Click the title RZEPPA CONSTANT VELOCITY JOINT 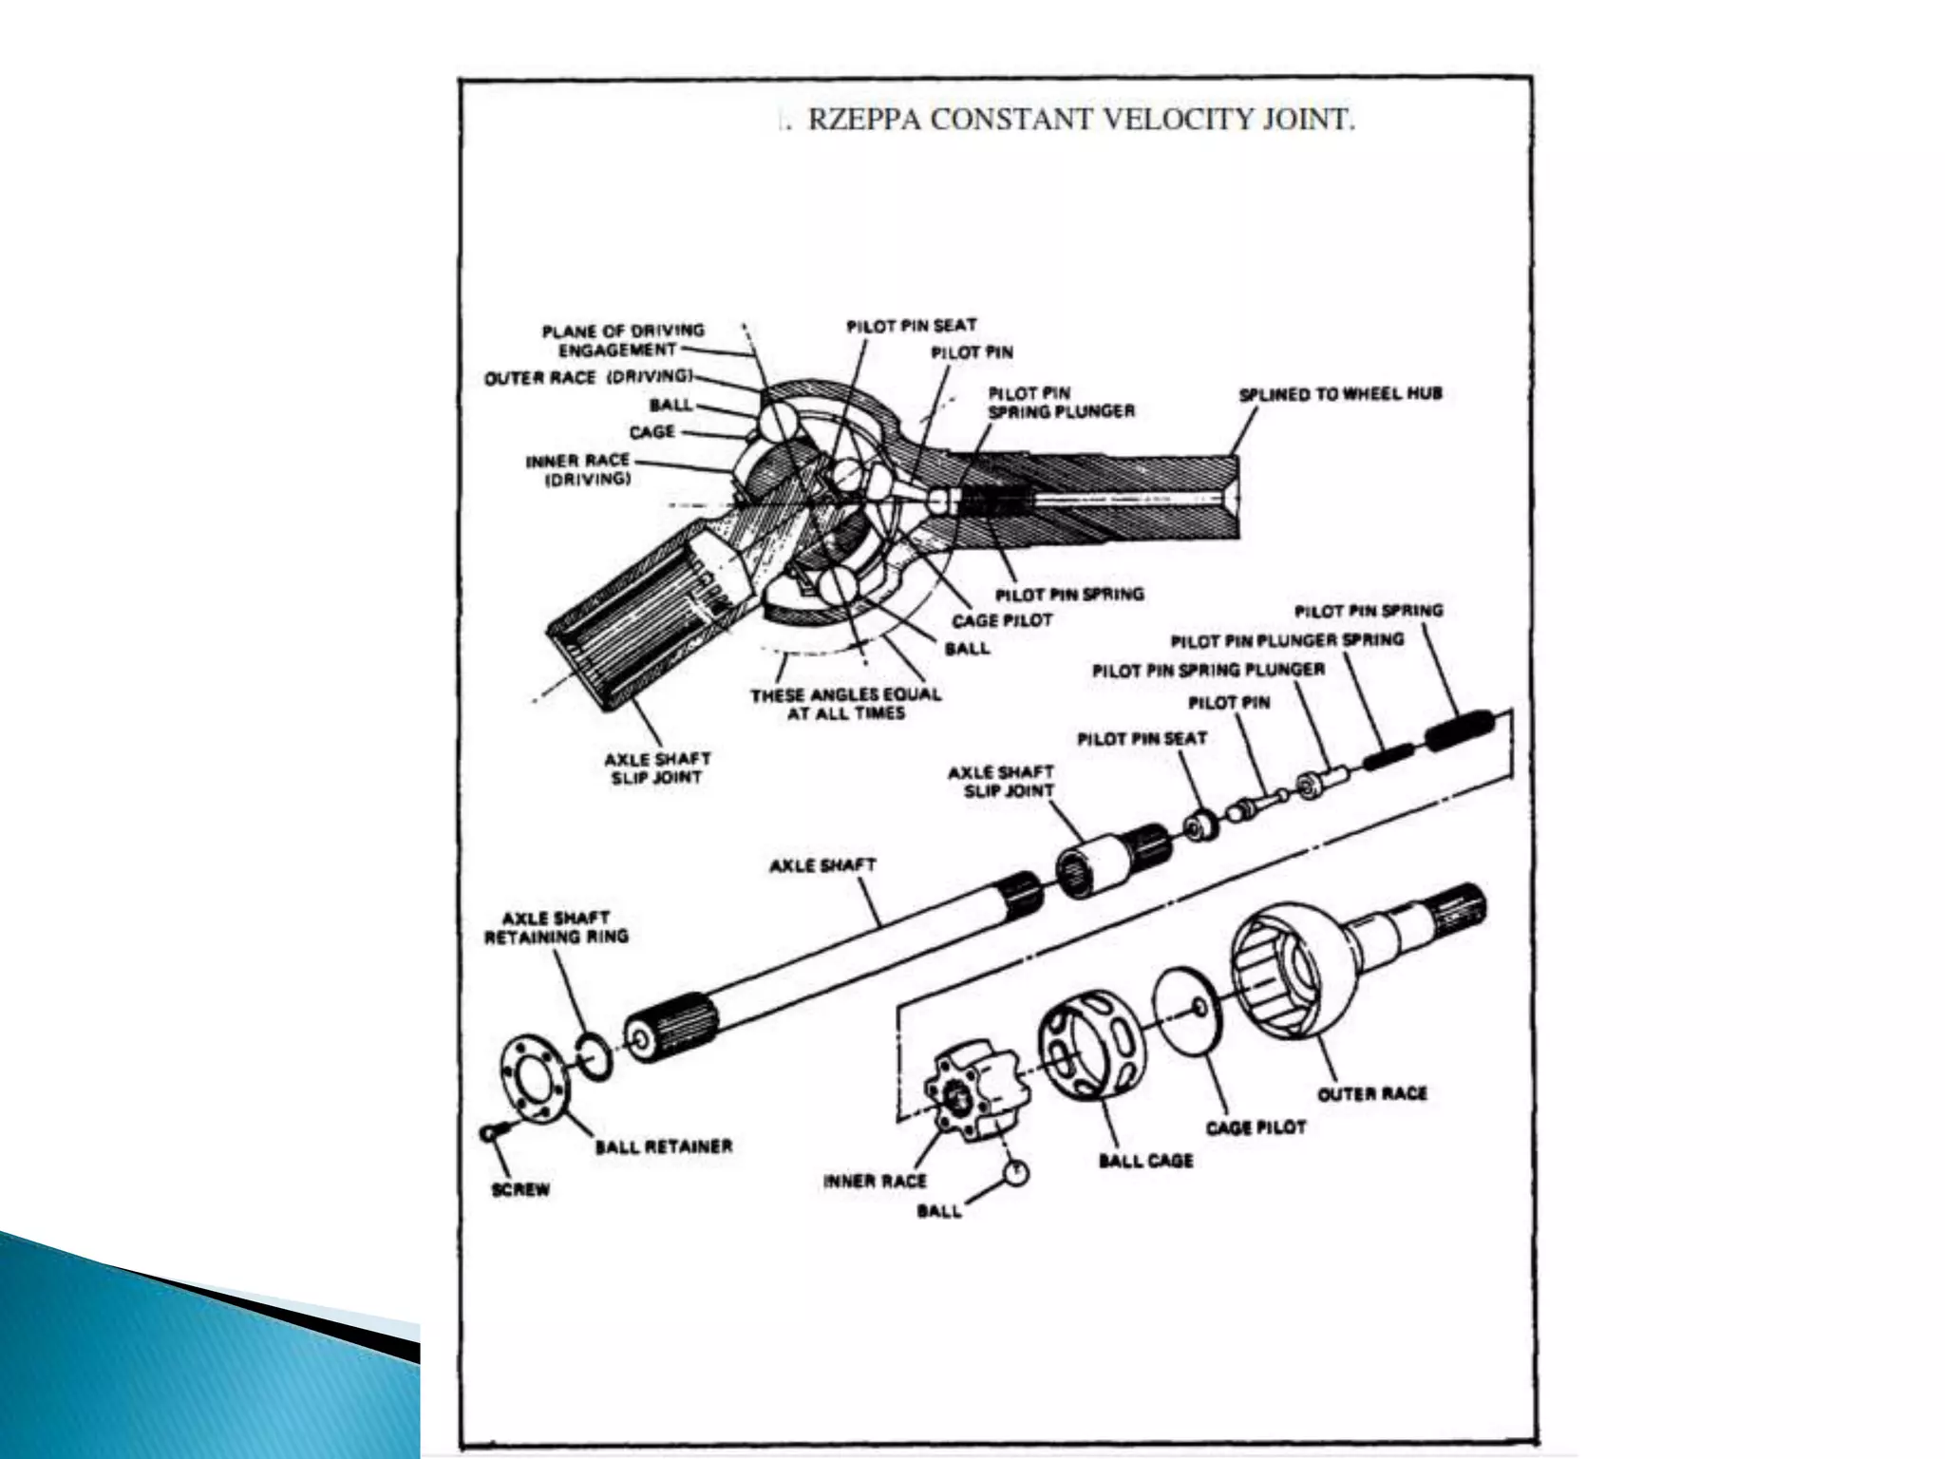(x=1079, y=122)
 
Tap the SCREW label (x=520, y=1190)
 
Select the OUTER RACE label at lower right (x=1371, y=1093)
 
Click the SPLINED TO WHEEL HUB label (x=1339, y=393)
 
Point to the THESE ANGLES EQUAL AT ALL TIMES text (x=845, y=704)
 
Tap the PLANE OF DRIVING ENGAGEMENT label (x=623, y=340)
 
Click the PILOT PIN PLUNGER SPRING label (x=1286, y=640)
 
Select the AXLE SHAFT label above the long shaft (x=821, y=865)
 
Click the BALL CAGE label (x=1145, y=1161)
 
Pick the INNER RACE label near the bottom (x=874, y=1182)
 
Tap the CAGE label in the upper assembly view (x=651, y=432)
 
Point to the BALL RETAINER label (x=663, y=1146)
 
